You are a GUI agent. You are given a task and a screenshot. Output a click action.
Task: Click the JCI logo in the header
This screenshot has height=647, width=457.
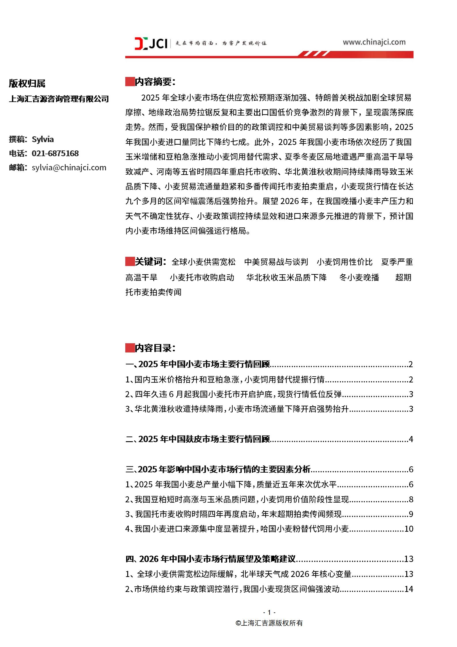151,43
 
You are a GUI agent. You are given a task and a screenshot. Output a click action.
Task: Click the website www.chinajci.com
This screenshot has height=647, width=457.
374,42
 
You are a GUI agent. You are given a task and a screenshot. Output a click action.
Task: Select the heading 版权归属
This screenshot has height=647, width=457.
27,83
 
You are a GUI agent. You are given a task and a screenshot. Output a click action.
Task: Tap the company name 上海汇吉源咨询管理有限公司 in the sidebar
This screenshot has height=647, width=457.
59,99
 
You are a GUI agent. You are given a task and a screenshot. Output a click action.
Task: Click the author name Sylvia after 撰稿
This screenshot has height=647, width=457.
43,139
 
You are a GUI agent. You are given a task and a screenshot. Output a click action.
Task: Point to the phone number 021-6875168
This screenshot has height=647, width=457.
55,153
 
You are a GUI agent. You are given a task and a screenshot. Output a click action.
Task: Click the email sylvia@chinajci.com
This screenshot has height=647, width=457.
69,167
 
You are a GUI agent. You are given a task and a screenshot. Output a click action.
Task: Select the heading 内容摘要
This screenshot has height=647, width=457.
155,82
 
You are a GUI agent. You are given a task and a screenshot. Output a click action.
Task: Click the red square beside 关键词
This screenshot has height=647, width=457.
130,262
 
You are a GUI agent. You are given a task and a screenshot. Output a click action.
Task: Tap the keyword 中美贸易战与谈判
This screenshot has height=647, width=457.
276,262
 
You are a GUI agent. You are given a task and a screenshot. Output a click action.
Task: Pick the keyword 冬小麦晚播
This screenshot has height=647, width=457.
359,277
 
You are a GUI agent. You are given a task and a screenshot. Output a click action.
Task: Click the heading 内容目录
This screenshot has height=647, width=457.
155,348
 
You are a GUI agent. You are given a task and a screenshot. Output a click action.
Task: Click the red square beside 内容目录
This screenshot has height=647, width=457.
130,348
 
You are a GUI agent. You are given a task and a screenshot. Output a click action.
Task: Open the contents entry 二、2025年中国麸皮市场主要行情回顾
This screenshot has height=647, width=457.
198,439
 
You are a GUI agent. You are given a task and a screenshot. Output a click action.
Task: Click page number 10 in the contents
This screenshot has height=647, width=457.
409,529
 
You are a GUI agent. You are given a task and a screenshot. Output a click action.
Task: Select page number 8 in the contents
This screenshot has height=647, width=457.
411,499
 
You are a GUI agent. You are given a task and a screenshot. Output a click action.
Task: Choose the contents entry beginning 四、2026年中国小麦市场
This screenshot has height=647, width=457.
211,559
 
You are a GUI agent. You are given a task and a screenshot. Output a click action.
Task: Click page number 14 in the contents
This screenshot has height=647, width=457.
409,589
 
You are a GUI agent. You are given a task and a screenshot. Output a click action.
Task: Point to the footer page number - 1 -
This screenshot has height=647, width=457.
269,612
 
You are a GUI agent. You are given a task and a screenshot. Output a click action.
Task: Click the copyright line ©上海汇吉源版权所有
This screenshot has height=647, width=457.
269,623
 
